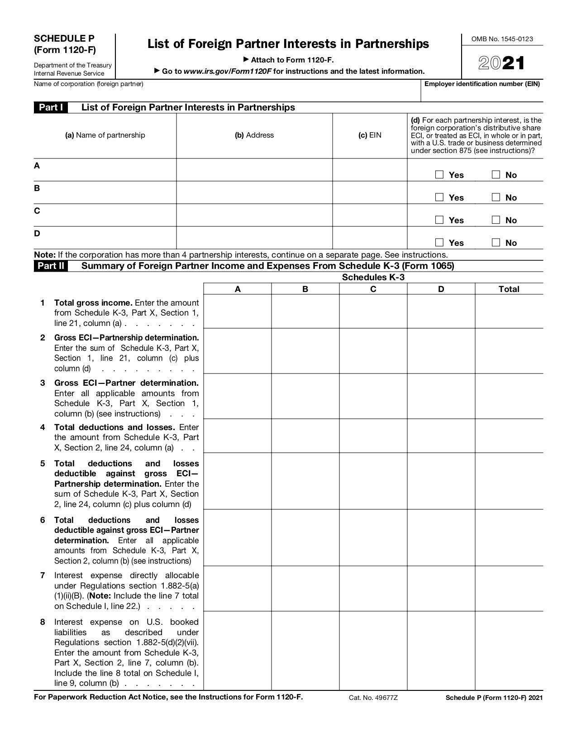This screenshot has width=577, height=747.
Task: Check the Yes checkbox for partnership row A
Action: pyautogui.click(x=439, y=175)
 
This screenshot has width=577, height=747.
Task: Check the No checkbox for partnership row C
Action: pyautogui.click(x=496, y=220)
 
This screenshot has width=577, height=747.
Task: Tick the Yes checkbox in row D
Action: pyautogui.click(x=439, y=243)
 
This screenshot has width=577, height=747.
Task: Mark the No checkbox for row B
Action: pyautogui.click(x=496, y=197)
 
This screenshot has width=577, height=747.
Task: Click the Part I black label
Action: pyautogui.click(x=51, y=107)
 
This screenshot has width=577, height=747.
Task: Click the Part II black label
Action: pyautogui.click(x=51, y=266)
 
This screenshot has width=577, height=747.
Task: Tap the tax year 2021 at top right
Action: pyautogui.click(x=501, y=63)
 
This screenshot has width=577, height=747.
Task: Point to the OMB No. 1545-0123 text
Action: pyautogui.click(x=502, y=39)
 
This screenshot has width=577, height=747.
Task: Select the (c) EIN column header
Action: pyautogui.click(x=370, y=135)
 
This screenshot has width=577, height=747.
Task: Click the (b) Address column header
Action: pyautogui.click(x=254, y=135)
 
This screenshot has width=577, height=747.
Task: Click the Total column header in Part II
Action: pyautogui.click(x=509, y=289)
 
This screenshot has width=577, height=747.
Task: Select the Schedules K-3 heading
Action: pyautogui.click(x=373, y=277)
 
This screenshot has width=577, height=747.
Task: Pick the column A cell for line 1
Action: pyautogui.click(x=238, y=311)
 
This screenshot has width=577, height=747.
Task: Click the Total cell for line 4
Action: pyautogui.click(x=509, y=436)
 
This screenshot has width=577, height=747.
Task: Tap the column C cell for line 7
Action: pyautogui.click(x=373, y=589)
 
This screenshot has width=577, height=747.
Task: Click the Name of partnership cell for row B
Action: pyautogui.click(x=105, y=192)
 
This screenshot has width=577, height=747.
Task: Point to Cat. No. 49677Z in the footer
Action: pyautogui.click(x=373, y=698)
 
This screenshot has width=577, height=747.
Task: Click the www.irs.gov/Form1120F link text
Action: pyautogui.click(x=228, y=71)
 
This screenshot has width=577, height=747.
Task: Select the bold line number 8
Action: pyautogui.click(x=43, y=622)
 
